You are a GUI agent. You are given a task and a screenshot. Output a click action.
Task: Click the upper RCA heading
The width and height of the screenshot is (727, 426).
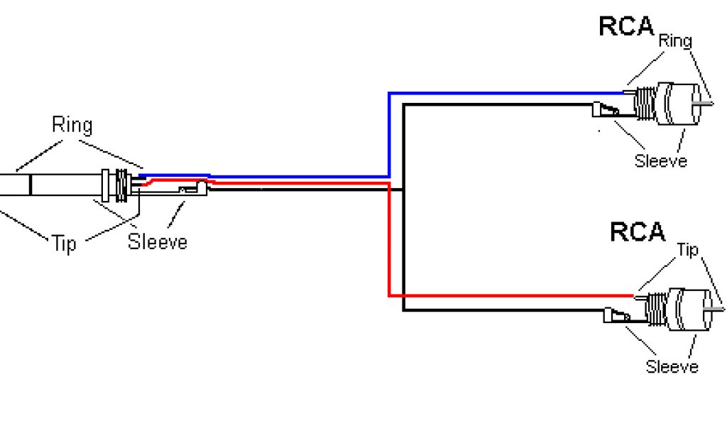coord(625,26)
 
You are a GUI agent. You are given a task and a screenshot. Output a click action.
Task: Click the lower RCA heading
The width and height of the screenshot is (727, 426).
coord(637,232)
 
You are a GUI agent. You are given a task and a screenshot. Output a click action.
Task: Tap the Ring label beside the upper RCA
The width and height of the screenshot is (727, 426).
coord(674,40)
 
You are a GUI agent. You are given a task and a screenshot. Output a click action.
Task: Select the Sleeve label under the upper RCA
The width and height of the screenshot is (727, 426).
coord(660,160)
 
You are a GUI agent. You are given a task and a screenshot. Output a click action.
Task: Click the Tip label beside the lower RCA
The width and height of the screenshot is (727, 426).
coord(687,250)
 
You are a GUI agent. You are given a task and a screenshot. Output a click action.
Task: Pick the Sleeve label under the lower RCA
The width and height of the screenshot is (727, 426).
coord(672,366)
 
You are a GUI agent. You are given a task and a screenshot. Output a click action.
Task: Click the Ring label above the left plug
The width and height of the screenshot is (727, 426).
coord(72,126)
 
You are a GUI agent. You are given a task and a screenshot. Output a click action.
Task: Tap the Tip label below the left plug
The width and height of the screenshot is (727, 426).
coord(63,245)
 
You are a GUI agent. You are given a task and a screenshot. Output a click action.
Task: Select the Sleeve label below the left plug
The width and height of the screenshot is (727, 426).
coord(157,241)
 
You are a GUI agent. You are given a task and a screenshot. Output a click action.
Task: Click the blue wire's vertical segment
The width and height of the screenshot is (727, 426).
coord(389,135)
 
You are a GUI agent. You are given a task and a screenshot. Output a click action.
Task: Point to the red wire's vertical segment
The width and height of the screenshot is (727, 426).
coord(389,241)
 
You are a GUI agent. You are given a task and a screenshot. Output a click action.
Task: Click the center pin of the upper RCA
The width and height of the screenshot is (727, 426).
coord(703,104)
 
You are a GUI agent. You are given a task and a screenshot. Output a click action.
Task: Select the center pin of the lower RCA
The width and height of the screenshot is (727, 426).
coord(717,308)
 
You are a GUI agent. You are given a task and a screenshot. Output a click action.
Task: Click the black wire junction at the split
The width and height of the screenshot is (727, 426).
coord(403,190)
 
